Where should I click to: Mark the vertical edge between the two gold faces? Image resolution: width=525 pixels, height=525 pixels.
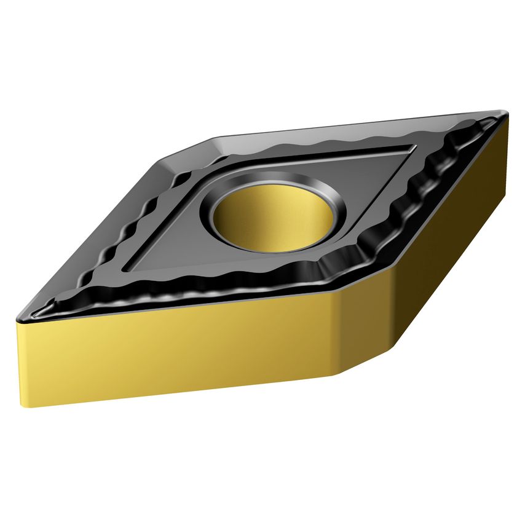pos(336,332)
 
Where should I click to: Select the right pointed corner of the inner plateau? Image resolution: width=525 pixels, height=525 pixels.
pos(411,148)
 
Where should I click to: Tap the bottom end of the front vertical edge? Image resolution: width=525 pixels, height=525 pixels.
pos(335,374)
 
